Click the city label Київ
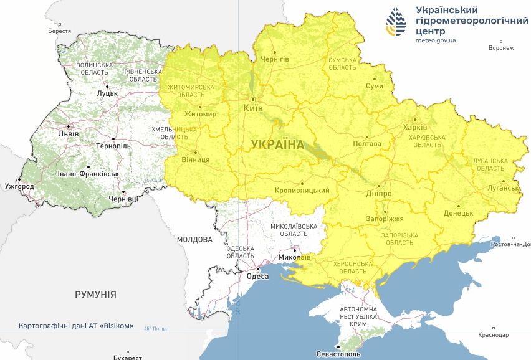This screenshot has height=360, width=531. pyautogui.click(x=252, y=108)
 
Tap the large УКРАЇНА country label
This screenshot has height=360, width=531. pyautogui.click(x=277, y=144)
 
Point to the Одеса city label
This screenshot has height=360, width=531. pyautogui.click(x=257, y=277)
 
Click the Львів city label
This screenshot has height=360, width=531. pyautogui.click(x=68, y=133)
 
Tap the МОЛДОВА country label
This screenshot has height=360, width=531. pyautogui.click(x=194, y=239)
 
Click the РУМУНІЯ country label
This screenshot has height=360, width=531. pyautogui.click(x=95, y=294)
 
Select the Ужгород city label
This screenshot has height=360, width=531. pyautogui.click(x=19, y=186)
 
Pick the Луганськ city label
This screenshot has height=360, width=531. pyautogui.click(x=504, y=187)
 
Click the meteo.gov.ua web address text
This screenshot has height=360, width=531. pyautogui.click(x=436, y=40)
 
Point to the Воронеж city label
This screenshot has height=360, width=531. pyautogui.click(x=501, y=48)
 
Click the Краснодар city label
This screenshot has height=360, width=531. pyautogui.click(x=494, y=335)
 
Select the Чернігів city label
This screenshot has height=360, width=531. pyautogui.click(x=275, y=59)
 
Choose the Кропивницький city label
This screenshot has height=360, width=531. pyautogui.click(x=302, y=191)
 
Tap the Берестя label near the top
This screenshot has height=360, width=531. pyautogui.click(x=59, y=31)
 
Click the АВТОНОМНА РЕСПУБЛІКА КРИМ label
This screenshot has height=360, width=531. pyautogui.click(x=358, y=317)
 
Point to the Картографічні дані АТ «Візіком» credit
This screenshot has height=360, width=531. pyautogui.click(x=76, y=326)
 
